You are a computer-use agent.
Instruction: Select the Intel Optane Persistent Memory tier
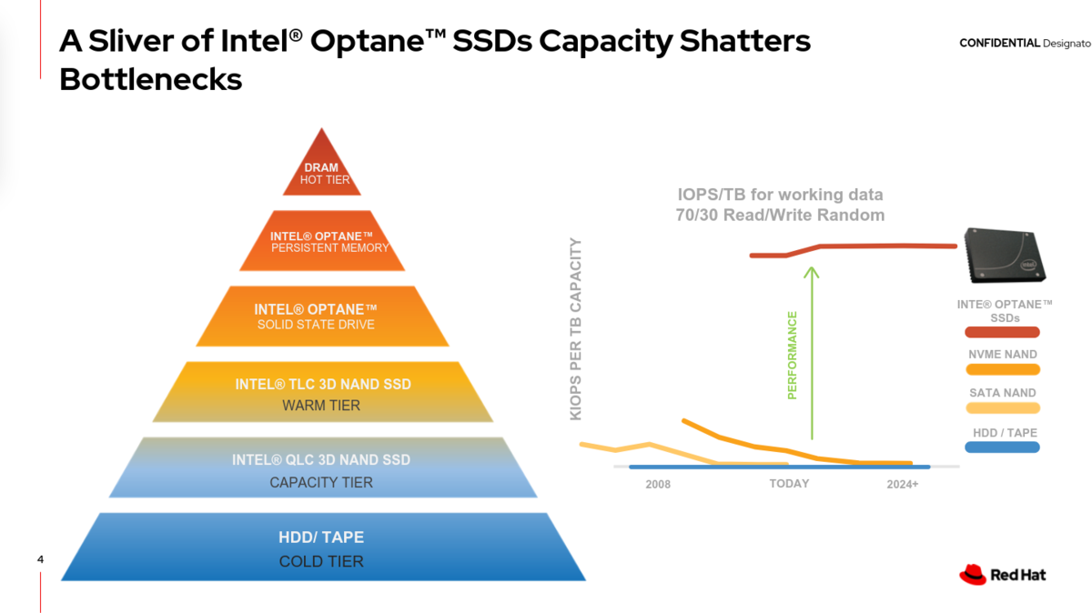pos(322,241)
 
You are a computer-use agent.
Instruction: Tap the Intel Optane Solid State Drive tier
pos(322,317)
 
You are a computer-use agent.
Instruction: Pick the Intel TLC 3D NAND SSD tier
pos(323,392)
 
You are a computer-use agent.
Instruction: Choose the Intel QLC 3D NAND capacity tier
pos(323,467)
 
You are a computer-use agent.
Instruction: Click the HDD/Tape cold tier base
pos(323,547)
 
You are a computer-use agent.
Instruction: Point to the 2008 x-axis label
pos(658,485)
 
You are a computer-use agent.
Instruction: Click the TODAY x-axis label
pos(789,483)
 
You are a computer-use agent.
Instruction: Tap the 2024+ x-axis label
pos(903,485)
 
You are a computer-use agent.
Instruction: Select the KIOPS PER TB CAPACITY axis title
pos(576,329)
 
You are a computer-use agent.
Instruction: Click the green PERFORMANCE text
pos(793,356)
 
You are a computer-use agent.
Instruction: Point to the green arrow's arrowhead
pos(812,272)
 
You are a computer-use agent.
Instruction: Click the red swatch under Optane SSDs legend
pos(1002,332)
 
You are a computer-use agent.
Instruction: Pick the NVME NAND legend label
pos(1003,355)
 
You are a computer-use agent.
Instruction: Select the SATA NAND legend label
pos(1003,393)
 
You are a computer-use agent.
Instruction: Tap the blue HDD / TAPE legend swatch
pos(1002,447)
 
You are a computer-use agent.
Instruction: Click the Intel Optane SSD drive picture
pos(1006,255)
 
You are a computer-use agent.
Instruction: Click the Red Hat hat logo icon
pos(973,575)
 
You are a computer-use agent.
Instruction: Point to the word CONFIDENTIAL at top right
pos(999,43)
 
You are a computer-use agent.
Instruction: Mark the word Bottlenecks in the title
pos(151,79)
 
